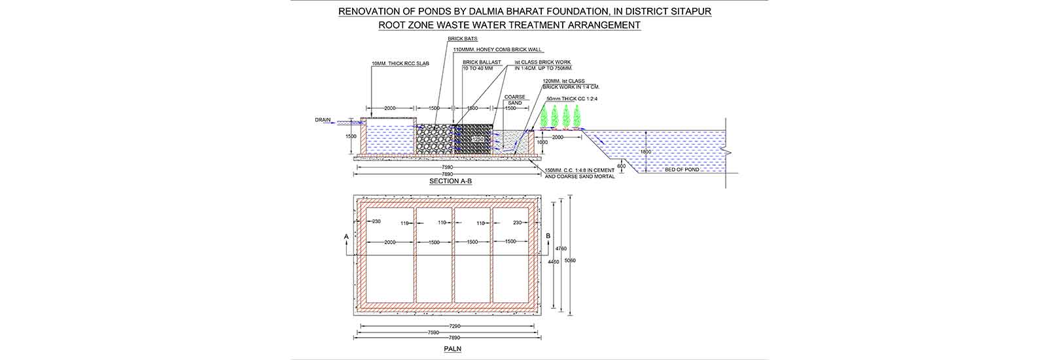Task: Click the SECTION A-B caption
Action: [x=450, y=181]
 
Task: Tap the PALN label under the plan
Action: [x=452, y=349]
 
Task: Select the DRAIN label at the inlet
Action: [x=323, y=120]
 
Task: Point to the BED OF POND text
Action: [x=682, y=170]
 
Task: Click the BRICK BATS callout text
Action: [x=463, y=39]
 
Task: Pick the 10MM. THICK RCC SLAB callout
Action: [x=400, y=64]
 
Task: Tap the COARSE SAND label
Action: [x=514, y=100]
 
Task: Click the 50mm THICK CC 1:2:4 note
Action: [x=572, y=99]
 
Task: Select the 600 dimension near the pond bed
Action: [x=621, y=166]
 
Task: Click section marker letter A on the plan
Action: [x=346, y=234]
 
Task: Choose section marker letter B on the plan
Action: [x=548, y=234]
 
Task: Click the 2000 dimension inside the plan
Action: [x=390, y=242]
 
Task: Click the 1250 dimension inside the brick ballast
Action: [x=478, y=139]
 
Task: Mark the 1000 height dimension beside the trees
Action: [x=542, y=141]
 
